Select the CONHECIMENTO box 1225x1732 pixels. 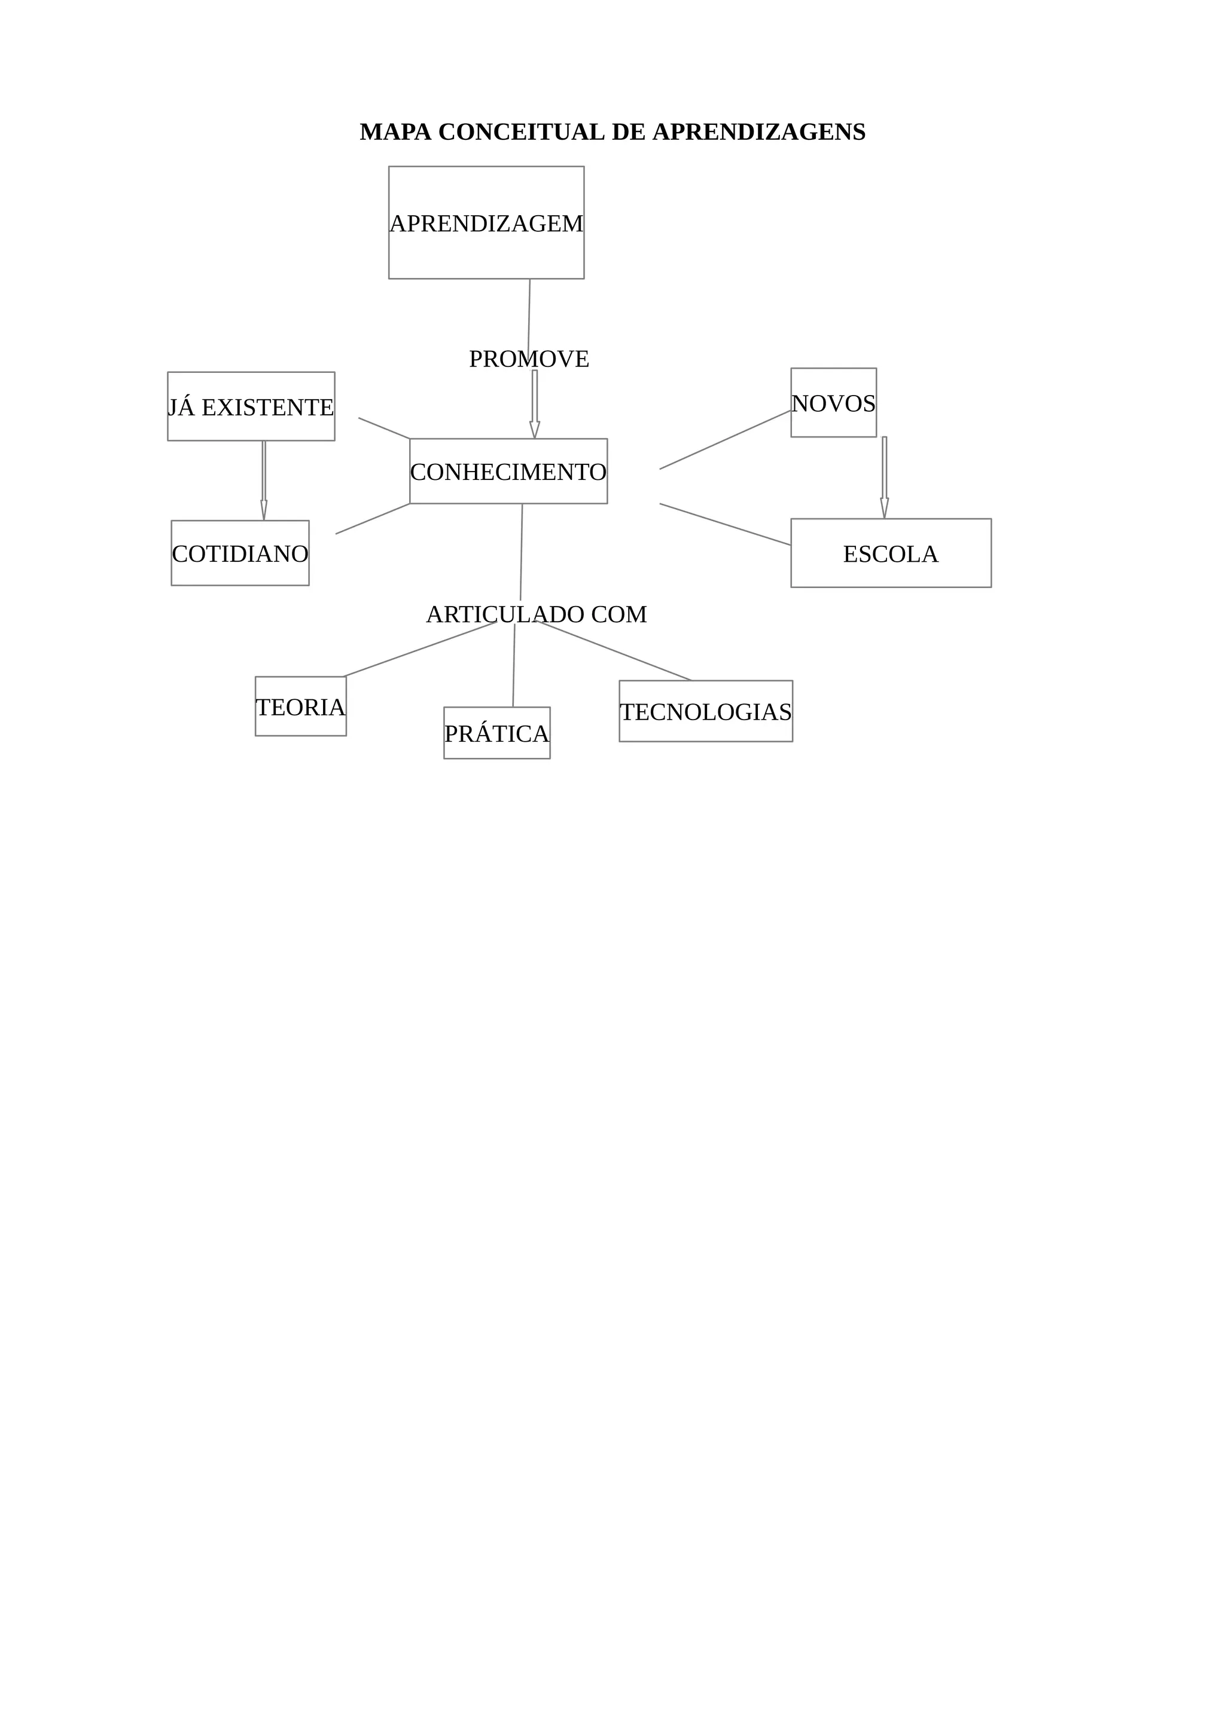508,472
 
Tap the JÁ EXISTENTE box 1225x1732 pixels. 251,406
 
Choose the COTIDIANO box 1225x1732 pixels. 240,553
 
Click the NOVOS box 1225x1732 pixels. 833,403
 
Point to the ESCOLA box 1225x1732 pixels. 891,553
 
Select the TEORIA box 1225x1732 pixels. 300,707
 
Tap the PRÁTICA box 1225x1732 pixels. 496,733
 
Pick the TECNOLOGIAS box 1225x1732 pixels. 706,711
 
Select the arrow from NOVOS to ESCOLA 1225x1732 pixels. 884,477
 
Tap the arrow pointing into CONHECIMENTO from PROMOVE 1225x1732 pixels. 534,403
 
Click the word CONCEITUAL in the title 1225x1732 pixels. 522,132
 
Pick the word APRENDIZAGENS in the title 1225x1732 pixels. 758,132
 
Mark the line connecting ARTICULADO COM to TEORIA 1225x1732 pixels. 420,650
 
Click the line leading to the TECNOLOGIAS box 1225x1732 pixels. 615,651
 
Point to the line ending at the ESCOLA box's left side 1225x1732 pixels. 724,524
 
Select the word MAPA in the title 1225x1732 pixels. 395,132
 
